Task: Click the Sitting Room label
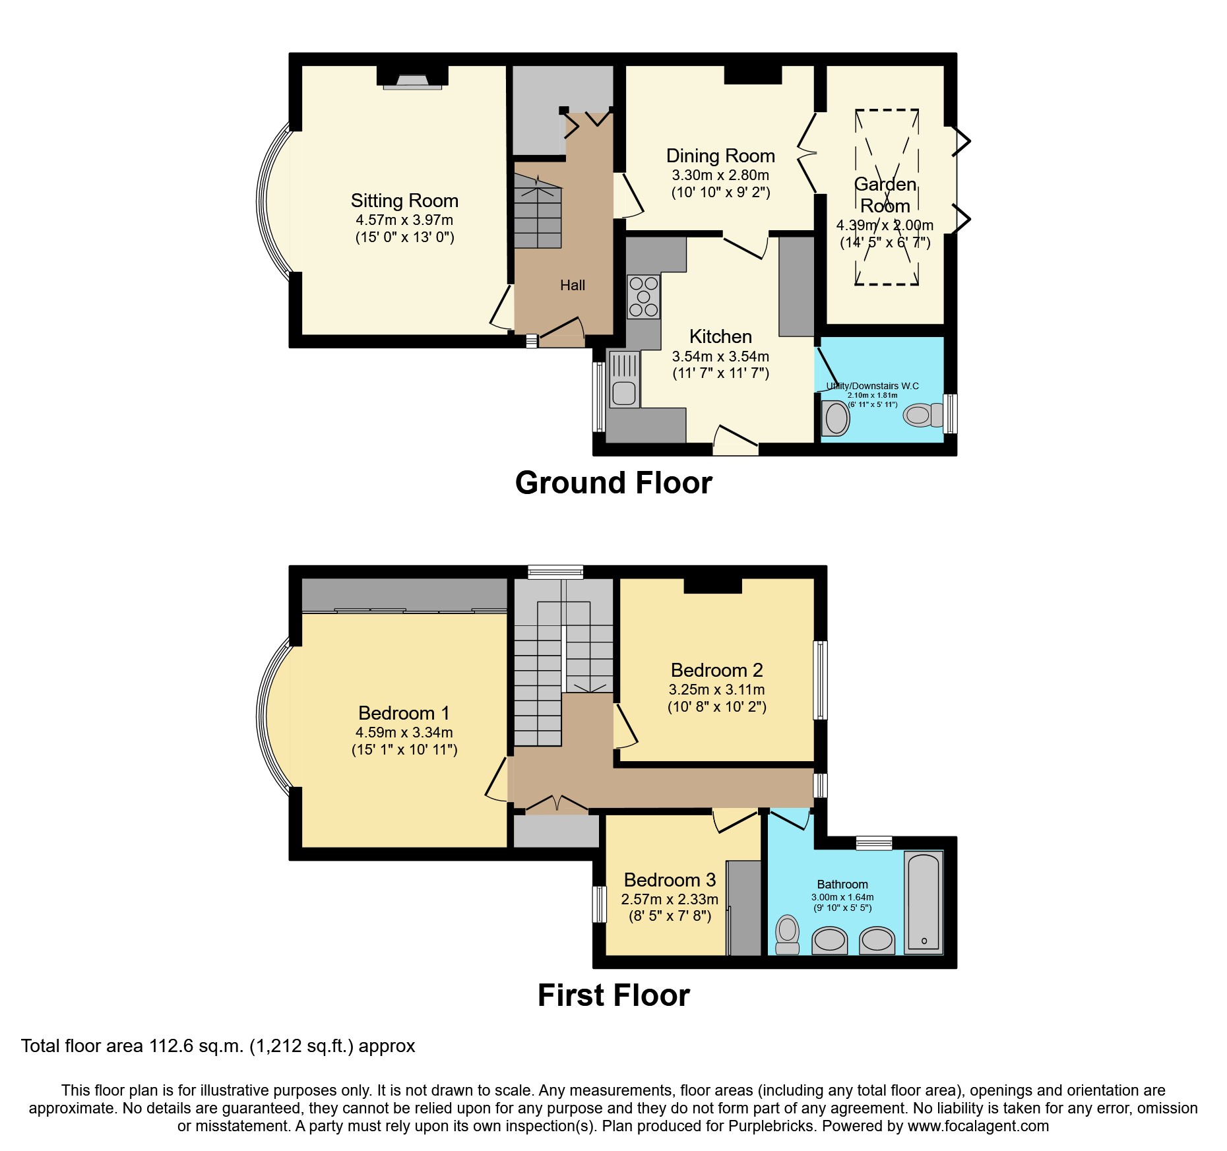[404, 201]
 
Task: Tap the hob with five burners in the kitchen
[643, 297]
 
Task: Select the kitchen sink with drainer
[623, 379]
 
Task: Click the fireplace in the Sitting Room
[412, 80]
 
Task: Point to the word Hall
[572, 285]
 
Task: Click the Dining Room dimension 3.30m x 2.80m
[720, 175]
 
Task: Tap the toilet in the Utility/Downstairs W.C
[922, 415]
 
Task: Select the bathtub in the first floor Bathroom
[923, 902]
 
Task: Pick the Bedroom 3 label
[669, 880]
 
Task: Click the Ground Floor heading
[613, 483]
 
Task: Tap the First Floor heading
[613, 995]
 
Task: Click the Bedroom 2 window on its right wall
[820, 679]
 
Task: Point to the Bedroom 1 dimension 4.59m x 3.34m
[404, 732]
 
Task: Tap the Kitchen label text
[720, 336]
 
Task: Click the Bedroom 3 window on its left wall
[599, 904]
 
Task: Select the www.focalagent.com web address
[978, 1126]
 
